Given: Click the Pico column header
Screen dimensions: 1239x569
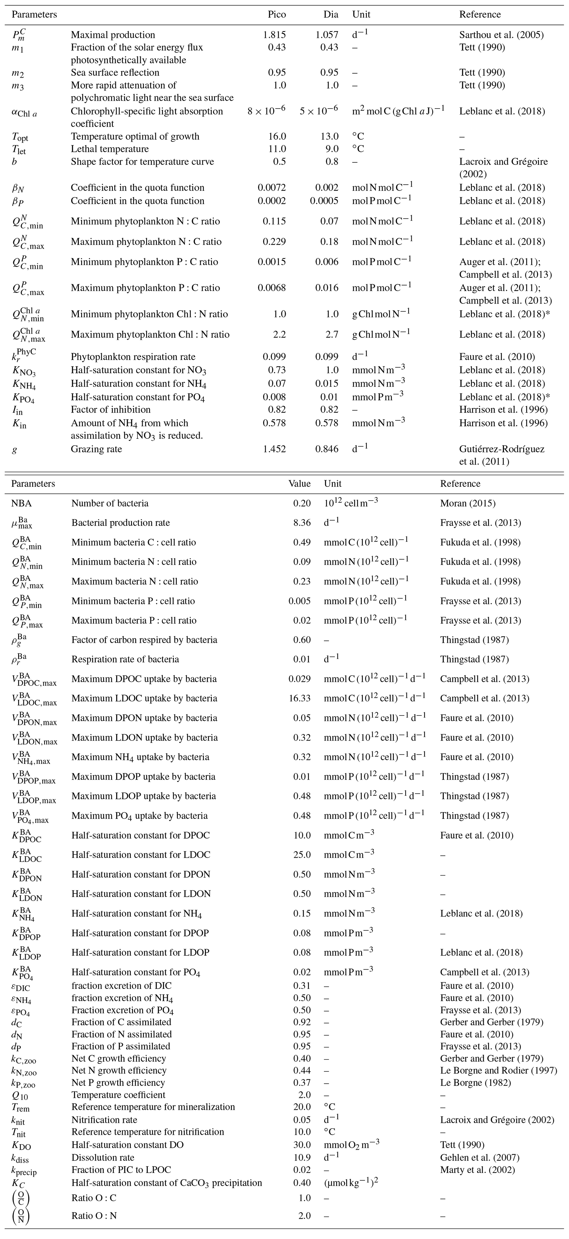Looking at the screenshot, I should click(x=277, y=14).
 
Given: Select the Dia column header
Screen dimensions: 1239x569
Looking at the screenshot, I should click(x=330, y=14).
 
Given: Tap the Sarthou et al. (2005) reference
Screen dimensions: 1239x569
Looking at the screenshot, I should click(x=501, y=35).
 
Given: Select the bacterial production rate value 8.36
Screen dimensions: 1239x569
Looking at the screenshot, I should click(x=302, y=522).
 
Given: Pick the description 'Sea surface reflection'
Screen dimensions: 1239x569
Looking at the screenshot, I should click(x=115, y=72).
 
